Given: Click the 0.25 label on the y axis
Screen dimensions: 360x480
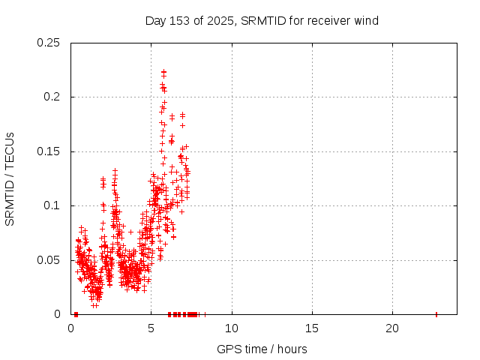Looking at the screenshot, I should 49,43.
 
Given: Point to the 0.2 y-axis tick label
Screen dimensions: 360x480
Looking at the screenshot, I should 52,97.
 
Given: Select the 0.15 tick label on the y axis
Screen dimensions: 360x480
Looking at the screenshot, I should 49,151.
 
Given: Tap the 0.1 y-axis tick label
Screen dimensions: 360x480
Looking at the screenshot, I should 52,205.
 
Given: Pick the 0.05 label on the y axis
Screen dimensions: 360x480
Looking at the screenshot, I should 49,260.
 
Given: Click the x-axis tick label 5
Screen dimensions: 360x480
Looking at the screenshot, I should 151,328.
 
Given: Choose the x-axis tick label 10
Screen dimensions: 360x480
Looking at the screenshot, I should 232,328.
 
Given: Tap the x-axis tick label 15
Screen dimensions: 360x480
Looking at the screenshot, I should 312,328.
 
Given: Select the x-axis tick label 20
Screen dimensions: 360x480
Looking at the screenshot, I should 392,328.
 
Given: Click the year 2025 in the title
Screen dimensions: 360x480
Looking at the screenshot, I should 220,21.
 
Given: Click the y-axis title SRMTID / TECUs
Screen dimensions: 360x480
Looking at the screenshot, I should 10,178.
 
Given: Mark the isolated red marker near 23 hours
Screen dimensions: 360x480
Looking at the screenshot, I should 436,314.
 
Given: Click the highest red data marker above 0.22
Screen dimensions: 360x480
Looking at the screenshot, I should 163,71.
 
